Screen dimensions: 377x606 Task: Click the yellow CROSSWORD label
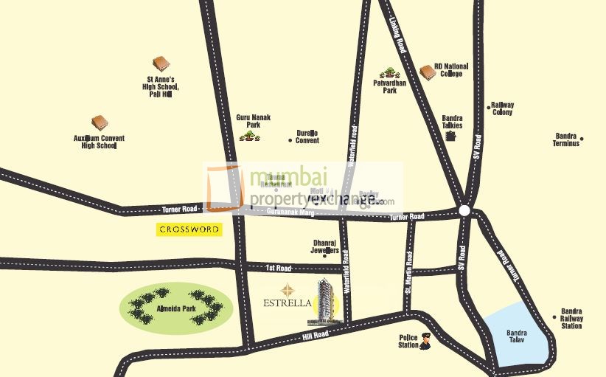pos(189,229)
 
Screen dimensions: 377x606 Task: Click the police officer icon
pos(425,342)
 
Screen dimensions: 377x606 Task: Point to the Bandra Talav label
pos(517,336)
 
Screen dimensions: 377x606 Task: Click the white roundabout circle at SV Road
pos(464,211)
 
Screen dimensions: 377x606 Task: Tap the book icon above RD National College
pos(427,72)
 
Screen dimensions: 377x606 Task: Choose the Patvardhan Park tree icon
pos(389,73)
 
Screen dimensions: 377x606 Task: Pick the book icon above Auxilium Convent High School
pos(100,122)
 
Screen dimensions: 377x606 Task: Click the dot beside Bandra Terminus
pos(582,139)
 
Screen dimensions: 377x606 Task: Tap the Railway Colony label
pos(503,108)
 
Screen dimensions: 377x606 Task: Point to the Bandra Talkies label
pos(452,122)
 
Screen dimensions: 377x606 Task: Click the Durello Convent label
pos(307,136)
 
